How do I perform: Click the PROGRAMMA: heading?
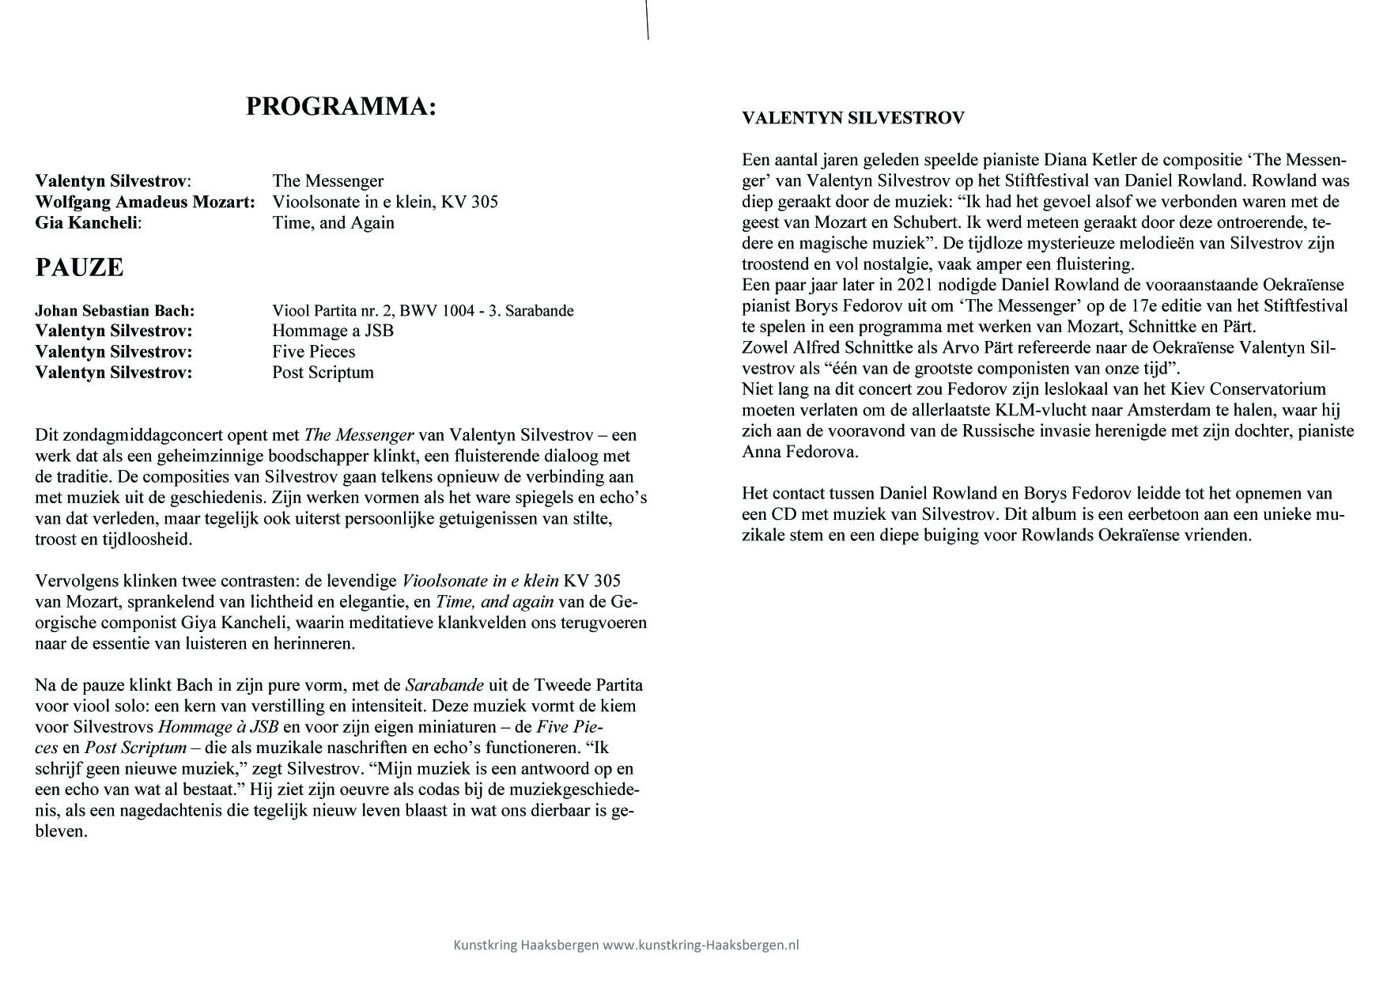[341, 107]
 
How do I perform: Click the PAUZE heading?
[79, 267]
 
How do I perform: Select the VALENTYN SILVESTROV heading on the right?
[853, 119]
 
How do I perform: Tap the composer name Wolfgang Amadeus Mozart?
[145, 202]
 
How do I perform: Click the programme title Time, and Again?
[333, 222]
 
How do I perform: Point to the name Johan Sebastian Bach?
[115, 311]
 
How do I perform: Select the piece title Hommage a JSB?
[333, 331]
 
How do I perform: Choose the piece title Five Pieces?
[314, 351]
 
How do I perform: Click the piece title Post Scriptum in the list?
[323, 372]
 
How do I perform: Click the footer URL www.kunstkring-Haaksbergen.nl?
[701, 945]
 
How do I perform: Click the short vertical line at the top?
[648, 20]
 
